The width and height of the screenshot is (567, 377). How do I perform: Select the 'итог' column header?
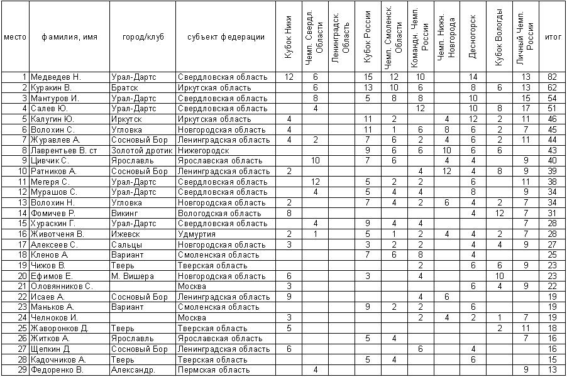pyautogui.click(x=553, y=37)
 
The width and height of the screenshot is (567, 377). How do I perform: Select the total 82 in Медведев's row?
pyautogui.click(x=553, y=77)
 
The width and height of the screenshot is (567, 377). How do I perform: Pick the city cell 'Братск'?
pyautogui.click(x=124, y=87)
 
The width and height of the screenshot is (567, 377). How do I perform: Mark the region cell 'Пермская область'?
pyautogui.click(x=214, y=369)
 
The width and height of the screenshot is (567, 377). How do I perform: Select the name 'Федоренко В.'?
pyautogui.click(x=58, y=369)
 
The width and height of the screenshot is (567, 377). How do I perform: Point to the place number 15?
pyautogui.click(x=23, y=224)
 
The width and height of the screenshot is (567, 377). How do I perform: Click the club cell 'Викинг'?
pyautogui.click(x=126, y=213)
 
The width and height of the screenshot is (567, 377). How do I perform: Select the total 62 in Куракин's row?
pyautogui.click(x=553, y=87)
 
